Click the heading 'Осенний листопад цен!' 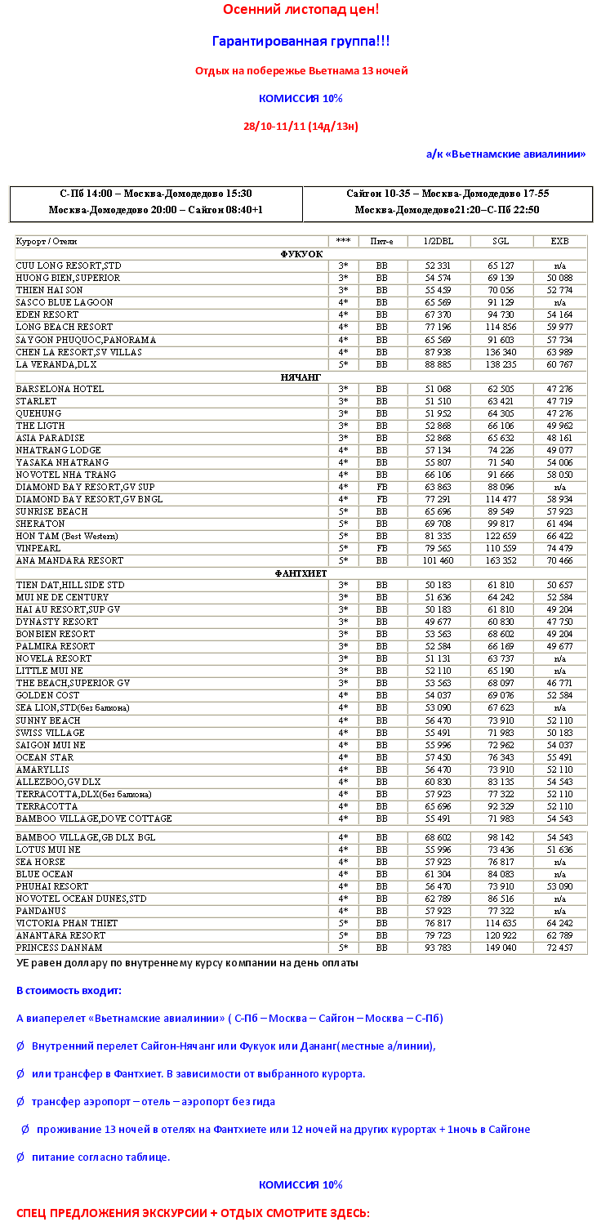(301, 10)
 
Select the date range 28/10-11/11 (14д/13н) (301, 127)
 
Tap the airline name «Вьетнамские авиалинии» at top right (505, 154)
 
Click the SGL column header (501, 242)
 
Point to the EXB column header (559, 242)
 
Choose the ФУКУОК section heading (301, 254)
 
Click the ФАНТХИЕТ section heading (301, 573)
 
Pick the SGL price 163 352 (502, 561)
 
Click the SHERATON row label (40, 524)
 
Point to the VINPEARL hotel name (39, 548)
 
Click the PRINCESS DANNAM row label (59, 948)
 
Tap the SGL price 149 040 (502, 948)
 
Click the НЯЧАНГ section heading (301, 377)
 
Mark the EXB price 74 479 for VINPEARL (559, 548)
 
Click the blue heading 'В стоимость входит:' (69, 991)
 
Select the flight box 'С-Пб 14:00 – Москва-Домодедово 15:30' (156, 194)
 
